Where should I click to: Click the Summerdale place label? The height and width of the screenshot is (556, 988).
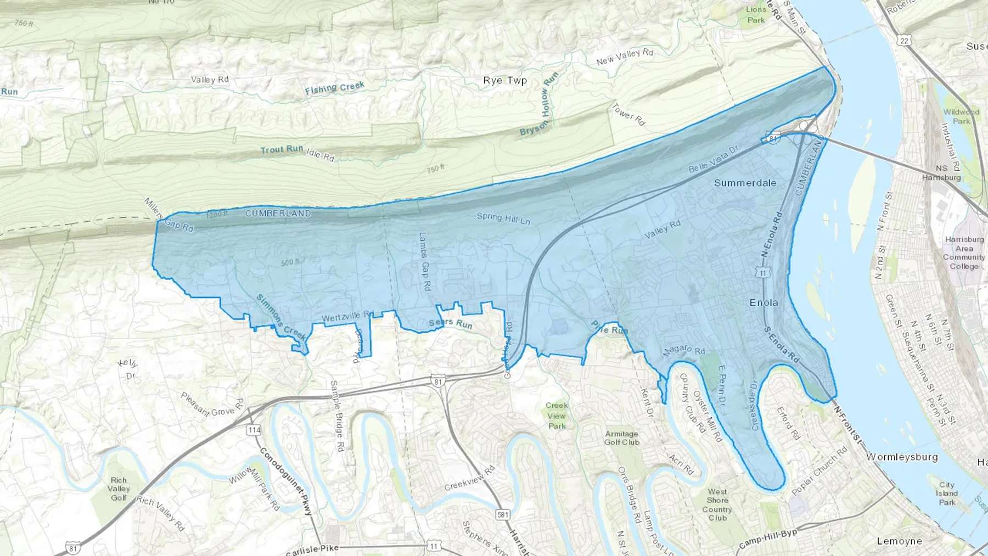pos(745,183)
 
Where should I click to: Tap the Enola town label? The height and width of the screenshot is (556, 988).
pos(764,302)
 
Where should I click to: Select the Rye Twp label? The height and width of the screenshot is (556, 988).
pos(504,80)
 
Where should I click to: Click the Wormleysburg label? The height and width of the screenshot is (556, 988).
pos(902,457)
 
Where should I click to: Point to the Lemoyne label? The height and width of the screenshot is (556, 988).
pos(899,541)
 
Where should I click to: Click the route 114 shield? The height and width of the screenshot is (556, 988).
pos(254,430)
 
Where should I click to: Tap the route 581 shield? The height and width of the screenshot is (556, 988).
pos(502,514)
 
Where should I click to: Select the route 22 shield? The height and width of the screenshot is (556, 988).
pos(905,41)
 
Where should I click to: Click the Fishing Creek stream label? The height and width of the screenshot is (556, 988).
pos(334,88)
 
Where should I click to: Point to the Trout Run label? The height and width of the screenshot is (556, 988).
pos(282,149)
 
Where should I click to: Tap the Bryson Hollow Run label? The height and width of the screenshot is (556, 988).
pos(540,104)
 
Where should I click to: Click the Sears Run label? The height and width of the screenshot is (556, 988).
pos(450,324)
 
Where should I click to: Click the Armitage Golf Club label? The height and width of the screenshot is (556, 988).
pos(621,437)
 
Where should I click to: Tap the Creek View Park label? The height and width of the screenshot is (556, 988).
pos(557,415)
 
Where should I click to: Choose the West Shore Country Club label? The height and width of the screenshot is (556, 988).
pos(717,504)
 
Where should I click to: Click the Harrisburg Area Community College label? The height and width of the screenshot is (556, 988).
pos(964,252)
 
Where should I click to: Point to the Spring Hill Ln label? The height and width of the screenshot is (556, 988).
pos(503,218)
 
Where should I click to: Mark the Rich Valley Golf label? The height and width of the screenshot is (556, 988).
pos(119,488)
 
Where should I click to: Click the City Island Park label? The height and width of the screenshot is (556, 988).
pos(947,493)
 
